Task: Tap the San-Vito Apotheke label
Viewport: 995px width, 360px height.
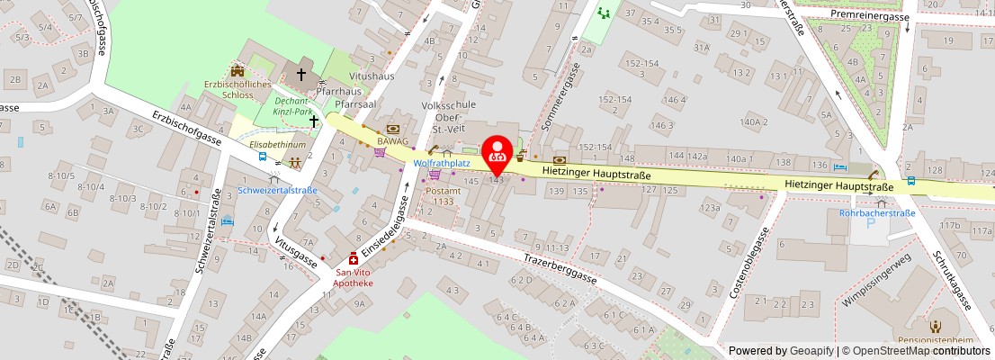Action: pyautogui.click(x=354, y=277)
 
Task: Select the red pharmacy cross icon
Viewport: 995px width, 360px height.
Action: pyautogui.click(x=354, y=258)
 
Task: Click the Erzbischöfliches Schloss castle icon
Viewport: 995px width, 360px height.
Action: pyautogui.click(x=238, y=70)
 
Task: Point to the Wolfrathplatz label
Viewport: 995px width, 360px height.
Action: pyautogui.click(x=442, y=164)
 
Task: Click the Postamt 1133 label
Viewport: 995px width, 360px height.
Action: pyautogui.click(x=443, y=195)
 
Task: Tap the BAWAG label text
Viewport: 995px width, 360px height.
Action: pyautogui.click(x=393, y=141)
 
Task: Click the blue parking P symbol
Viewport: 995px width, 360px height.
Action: pyautogui.click(x=869, y=223)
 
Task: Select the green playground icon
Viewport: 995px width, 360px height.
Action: pyautogui.click(x=603, y=13)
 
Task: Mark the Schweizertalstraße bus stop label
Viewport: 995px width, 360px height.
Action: pyautogui.click(x=277, y=190)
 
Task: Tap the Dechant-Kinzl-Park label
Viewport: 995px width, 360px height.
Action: pyautogui.click(x=293, y=107)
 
